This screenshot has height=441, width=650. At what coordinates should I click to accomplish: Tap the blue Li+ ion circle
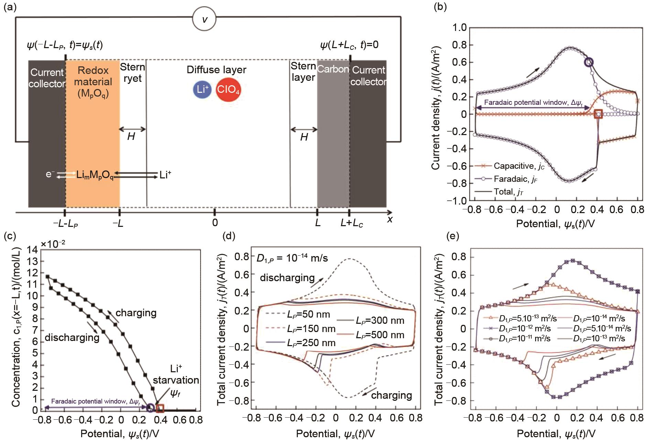click(202, 90)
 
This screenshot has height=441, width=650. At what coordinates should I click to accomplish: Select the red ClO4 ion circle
click(228, 90)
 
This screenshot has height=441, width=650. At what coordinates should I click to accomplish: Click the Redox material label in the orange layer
click(93, 82)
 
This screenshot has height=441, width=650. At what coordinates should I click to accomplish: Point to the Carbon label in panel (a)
click(333, 69)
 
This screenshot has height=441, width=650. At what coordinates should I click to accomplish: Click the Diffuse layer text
click(216, 70)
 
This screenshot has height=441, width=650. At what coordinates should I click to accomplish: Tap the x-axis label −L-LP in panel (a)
click(65, 223)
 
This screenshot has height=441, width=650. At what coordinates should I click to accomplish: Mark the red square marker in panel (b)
click(598, 114)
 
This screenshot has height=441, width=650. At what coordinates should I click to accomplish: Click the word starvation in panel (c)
click(176, 380)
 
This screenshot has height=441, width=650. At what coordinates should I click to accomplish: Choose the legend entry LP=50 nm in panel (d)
click(308, 314)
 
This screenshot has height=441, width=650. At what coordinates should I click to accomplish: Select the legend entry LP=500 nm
click(380, 335)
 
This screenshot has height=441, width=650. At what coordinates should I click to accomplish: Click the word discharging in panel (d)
click(287, 277)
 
